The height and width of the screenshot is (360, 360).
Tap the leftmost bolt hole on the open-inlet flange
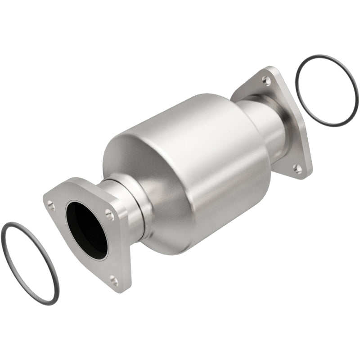click(x=52, y=207)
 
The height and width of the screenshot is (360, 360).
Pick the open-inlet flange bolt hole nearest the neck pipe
click(x=108, y=215)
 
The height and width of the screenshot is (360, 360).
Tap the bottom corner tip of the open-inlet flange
click(x=119, y=288)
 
